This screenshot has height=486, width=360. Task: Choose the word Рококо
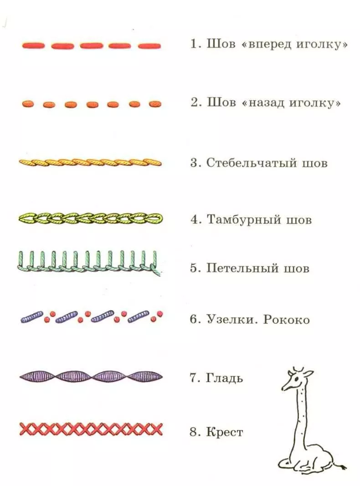(286, 319)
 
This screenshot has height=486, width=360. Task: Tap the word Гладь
(224, 378)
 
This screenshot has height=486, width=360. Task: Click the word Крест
(225, 431)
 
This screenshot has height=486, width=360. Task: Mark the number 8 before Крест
(194, 432)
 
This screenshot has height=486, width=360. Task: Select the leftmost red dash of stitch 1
(33, 46)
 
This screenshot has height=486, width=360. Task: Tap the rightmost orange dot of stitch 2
(155, 103)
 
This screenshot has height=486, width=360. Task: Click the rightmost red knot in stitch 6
(160, 312)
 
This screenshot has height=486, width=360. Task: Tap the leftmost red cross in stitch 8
(25, 429)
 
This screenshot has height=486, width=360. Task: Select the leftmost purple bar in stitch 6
(31, 317)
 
